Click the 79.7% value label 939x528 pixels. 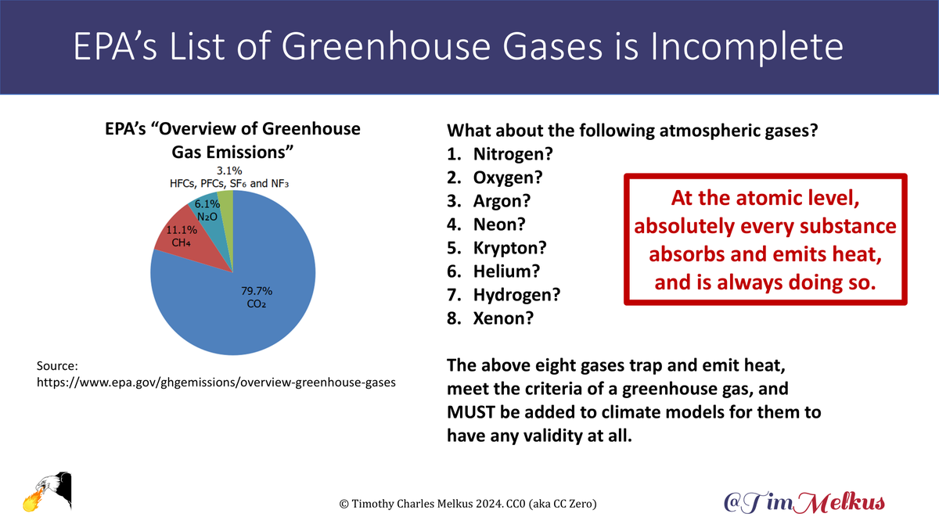click(257, 290)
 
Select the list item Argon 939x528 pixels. click(502, 201)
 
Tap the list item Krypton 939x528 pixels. click(509, 248)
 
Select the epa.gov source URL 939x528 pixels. click(215, 383)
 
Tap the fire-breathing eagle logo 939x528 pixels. click(46, 492)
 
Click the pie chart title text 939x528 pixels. click(232, 138)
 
